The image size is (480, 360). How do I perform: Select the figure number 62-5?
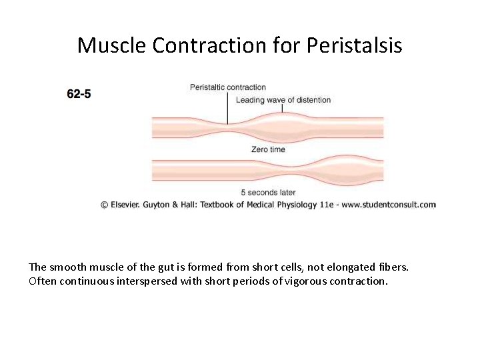pyautogui.click(x=79, y=94)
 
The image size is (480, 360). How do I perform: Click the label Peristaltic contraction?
pyautogui.click(x=227, y=87)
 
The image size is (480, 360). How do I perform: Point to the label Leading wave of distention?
pyautogui.click(x=283, y=100)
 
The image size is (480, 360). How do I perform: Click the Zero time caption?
pyautogui.click(x=268, y=149)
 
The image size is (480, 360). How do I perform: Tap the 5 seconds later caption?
pyautogui.click(x=268, y=193)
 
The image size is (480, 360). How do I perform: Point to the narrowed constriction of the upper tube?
pyautogui.click(x=228, y=127)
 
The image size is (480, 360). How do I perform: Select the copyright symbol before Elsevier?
pyautogui.click(x=105, y=205)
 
